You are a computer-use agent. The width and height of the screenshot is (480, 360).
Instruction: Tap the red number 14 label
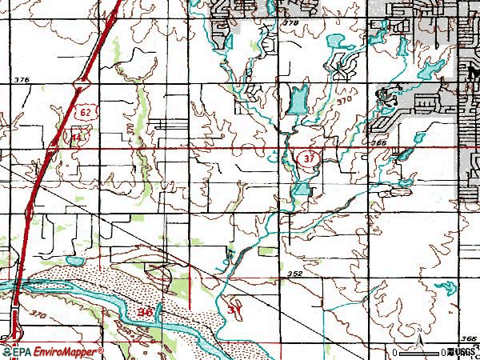(x=76, y=138)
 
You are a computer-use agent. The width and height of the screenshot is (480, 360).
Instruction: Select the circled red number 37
(x=310, y=159)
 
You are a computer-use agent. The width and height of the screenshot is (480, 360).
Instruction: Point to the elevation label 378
(x=290, y=24)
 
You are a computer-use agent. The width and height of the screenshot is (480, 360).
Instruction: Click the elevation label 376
(x=22, y=80)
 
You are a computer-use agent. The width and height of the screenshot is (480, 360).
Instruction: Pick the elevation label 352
(x=295, y=274)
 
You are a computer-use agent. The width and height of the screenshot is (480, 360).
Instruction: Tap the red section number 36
(x=145, y=311)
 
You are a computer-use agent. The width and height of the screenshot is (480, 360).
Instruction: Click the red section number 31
(x=234, y=309)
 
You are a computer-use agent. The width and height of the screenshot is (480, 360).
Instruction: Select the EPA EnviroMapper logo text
(x=52, y=352)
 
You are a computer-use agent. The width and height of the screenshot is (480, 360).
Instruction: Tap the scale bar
(x=421, y=352)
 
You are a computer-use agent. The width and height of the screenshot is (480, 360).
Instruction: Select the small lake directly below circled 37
(x=301, y=189)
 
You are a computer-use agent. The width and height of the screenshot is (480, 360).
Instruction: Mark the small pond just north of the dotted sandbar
(x=74, y=261)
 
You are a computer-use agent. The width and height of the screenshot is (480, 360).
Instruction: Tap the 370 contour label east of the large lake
(x=345, y=102)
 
